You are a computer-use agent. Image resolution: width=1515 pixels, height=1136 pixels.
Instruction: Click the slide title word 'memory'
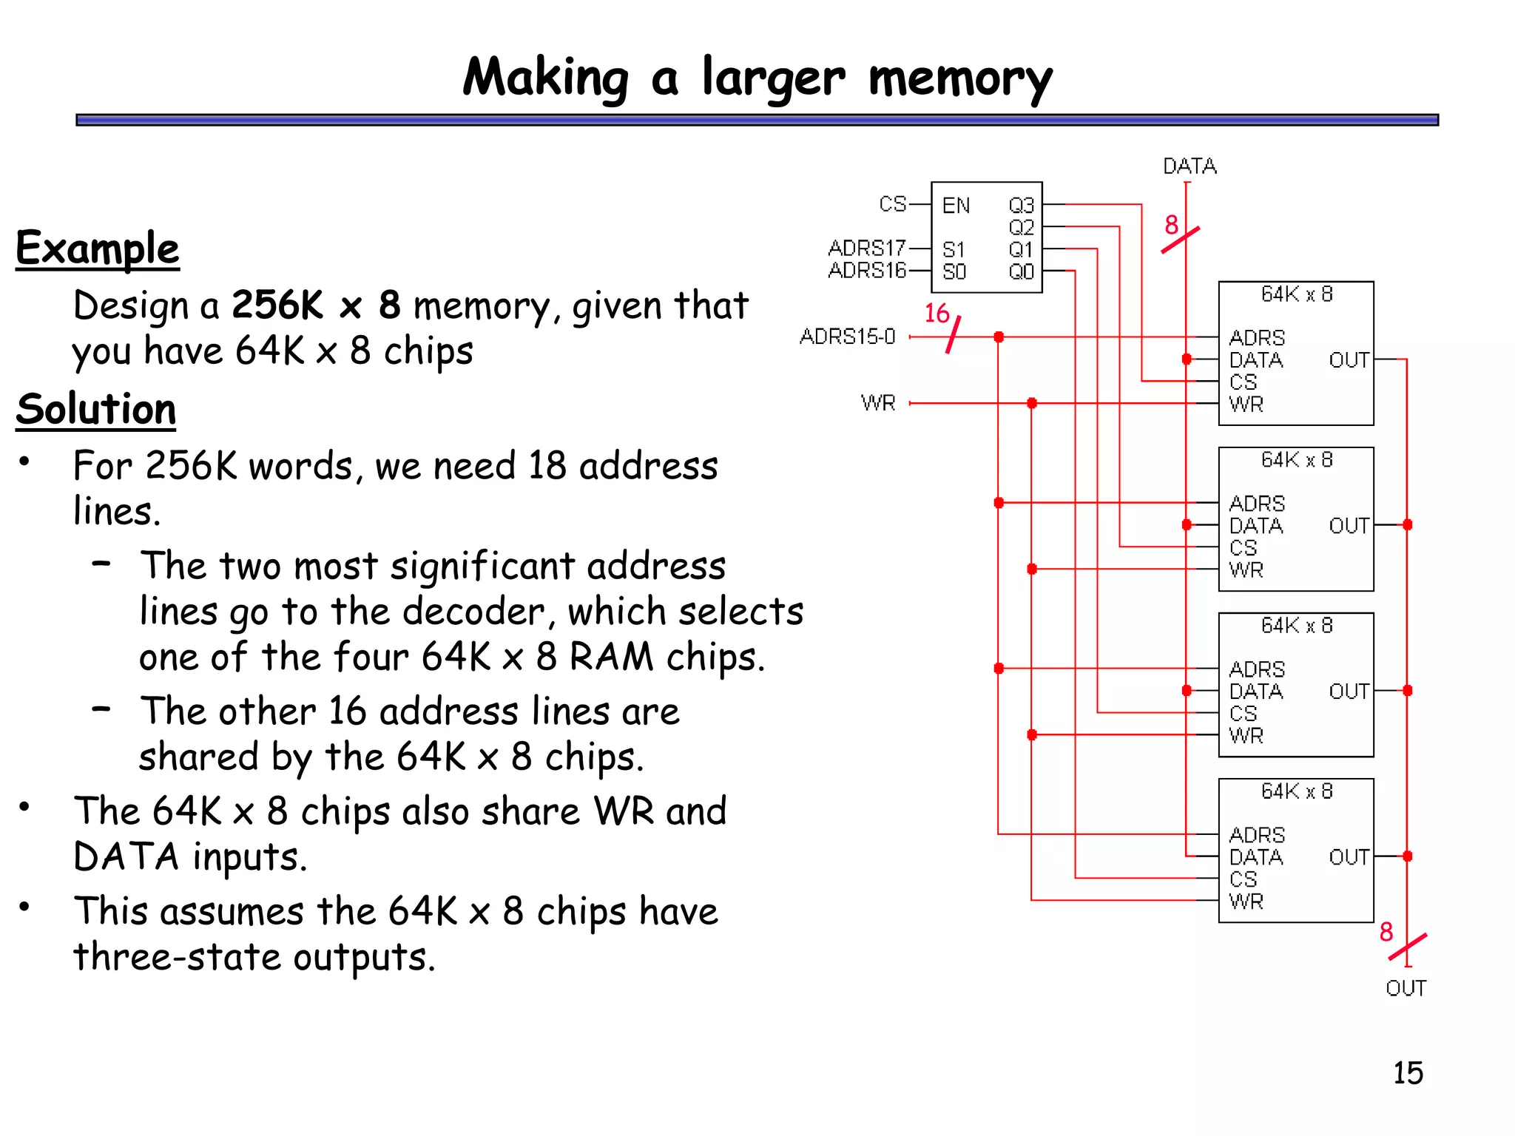point(959,79)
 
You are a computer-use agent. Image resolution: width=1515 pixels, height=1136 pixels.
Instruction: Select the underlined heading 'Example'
point(98,248)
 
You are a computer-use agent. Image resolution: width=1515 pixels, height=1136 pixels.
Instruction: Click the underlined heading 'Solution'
point(96,409)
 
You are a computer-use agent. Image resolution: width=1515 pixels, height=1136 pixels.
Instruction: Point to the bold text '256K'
point(278,305)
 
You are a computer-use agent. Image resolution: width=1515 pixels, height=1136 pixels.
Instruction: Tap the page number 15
point(1407,1072)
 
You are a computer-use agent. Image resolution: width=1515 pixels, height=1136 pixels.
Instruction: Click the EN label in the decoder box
point(955,206)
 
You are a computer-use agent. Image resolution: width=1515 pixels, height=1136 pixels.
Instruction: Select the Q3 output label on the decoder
point(1021,205)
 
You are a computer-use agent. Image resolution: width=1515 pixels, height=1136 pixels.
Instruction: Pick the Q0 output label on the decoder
point(1021,272)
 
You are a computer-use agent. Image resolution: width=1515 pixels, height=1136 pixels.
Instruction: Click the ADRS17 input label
point(866,248)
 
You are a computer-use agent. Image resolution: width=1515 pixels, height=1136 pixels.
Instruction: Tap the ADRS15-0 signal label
point(847,337)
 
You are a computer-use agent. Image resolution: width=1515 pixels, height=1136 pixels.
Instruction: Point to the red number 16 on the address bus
point(937,314)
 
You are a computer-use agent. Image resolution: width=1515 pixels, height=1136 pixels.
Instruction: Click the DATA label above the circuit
point(1189,166)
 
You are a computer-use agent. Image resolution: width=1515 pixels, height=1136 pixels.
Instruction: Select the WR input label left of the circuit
point(878,403)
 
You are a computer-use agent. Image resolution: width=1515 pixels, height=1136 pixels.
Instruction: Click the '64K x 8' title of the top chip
point(1296,294)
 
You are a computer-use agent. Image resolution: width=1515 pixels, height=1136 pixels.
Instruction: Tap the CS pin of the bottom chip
point(1243,879)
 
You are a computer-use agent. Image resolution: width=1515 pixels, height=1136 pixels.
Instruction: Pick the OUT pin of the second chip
point(1348,526)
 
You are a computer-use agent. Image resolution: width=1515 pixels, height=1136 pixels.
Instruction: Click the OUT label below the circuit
point(1405,988)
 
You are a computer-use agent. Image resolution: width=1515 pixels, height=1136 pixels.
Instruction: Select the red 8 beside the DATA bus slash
point(1171,225)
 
